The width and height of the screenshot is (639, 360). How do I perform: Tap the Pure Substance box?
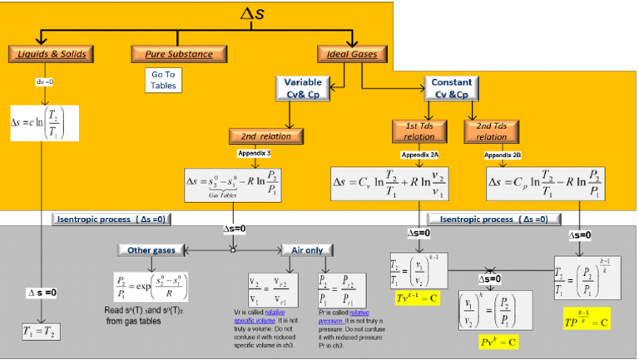[x=166, y=55]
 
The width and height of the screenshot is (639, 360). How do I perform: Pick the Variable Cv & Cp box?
[x=303, y=89]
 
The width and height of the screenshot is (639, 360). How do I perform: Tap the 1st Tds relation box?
[x=419, y=131]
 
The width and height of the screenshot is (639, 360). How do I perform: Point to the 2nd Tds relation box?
[x=492, y=131]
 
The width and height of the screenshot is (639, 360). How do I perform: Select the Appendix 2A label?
[x=419, y=155]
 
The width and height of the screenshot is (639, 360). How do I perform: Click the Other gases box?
[x=151, y=249]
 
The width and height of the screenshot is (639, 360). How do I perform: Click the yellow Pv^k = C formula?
[x=482, y=340]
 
